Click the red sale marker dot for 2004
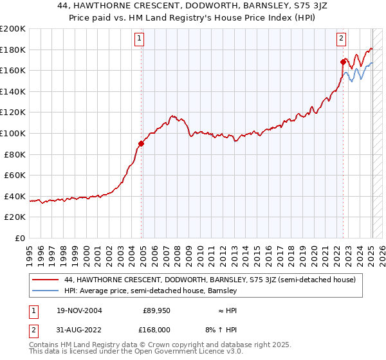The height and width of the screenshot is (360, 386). click(142, 144)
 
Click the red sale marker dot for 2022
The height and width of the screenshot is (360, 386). click(343, 62)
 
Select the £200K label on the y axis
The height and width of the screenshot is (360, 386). click(12, 29)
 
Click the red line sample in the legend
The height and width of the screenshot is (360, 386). click(45, 280)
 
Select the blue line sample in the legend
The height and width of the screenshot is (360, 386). click(45, 291)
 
